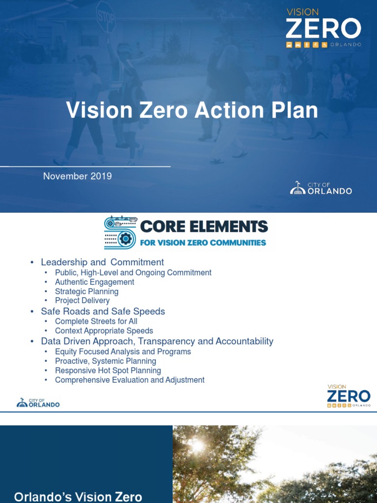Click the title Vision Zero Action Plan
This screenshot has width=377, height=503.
pyautogui.click(x=192, y=110)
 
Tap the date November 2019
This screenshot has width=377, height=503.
pyautogui.click(x=78, y=176)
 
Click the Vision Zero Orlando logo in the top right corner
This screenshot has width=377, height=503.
pyautogui.click(x=323, y=28)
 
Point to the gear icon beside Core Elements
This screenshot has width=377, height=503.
pyautogui.click(x=125, y=239)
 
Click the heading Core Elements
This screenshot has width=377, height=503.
pyautogui.click(x=204, y=227)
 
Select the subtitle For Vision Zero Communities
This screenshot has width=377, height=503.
pyautogui.click(x=203, y=242)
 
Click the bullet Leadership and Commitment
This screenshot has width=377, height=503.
pyautogui.click(x=102, y=262)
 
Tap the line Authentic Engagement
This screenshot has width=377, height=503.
pyautogui.click(x=94, y=282)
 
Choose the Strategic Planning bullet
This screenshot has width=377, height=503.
pyautogui.click(x=86, y=291)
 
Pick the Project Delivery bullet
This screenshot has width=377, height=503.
pyautogui.click(x=82, y=301)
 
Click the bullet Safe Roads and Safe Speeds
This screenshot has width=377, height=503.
pyautogui.click(x=103, y=311)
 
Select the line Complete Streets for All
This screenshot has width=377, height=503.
pyautogui.click(x=96, y=321)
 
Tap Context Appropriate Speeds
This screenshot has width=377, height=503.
pyautogui.click(x=104, y=331)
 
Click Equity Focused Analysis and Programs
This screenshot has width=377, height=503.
pyautogui.click(x=123, y=352)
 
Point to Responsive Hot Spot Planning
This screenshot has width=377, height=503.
pyautogui.click(x=108, y=370)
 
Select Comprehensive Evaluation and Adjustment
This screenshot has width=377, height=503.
pyautogui.click(x=130, y=380)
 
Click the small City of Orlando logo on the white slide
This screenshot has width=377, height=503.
pyautogui.click(x=38, y=403)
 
